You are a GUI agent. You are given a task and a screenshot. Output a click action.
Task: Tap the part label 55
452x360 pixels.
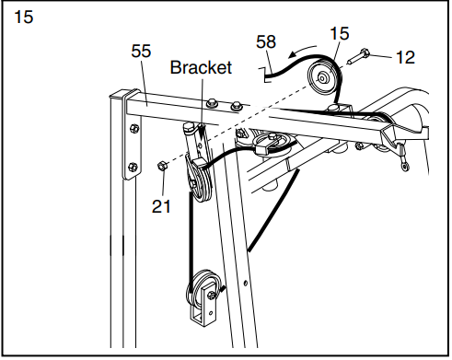142,52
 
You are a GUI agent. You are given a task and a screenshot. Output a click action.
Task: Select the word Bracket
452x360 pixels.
201,67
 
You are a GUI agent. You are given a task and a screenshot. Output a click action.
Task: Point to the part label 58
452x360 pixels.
266,41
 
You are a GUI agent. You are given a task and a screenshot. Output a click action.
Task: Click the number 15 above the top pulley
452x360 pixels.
339,35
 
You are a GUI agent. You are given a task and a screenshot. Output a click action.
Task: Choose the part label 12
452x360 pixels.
405,56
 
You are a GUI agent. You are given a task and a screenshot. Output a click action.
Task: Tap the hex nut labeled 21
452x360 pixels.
162,167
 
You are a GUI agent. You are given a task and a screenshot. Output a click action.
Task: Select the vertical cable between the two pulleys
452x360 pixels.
191,235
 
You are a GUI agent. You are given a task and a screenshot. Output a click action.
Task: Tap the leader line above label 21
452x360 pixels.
162,184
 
